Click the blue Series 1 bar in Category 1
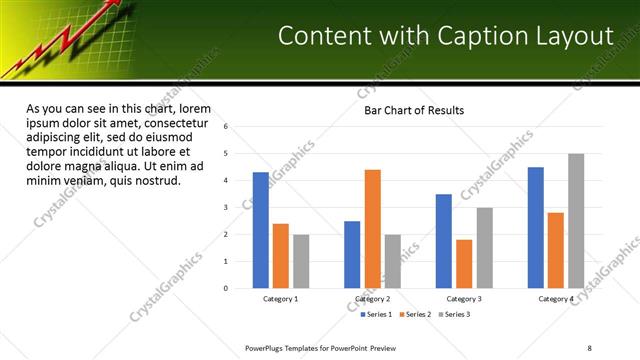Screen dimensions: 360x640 click(x=260, y=230)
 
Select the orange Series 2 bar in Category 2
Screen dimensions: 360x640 click(x=372, y=229)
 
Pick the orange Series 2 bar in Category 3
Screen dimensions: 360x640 click(x=464, y=264)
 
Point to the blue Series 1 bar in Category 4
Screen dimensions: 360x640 click(x=535, y=227)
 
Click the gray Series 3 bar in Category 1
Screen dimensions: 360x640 click(x=301, y=261)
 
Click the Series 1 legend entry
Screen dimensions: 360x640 click(x=376, y=314)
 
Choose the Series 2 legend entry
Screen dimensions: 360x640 click(x=417, y=314)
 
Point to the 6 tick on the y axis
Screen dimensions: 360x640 click(x=226, y=127)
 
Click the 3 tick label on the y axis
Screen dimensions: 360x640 click(x=226, y=208)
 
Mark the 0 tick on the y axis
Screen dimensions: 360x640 click(x=226, y=288)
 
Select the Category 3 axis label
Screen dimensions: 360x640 click(x=463, y=299)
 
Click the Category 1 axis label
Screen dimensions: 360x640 click(x=280, y=299)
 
